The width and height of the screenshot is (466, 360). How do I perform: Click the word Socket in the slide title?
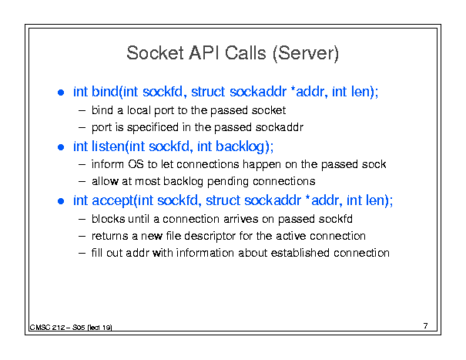point(155,53)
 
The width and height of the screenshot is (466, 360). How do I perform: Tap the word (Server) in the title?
point(306,54)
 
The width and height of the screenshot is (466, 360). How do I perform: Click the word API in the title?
point(203,53)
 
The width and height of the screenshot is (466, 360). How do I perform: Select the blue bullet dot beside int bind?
point(61,93)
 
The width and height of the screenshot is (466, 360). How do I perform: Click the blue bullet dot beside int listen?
point(61,147)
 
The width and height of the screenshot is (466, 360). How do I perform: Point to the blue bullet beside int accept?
point(61,201)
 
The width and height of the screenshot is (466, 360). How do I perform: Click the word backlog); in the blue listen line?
point(244,146)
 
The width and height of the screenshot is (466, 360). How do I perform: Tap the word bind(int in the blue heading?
point(115,92)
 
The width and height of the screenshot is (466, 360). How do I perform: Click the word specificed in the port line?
point(153,128)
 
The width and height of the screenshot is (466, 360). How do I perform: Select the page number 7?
point(426,326)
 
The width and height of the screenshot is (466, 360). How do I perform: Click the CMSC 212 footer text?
point(71,328)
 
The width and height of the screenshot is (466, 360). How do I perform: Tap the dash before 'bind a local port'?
point(82,111)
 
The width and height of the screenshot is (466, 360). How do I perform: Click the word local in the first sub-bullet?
point(139,110)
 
